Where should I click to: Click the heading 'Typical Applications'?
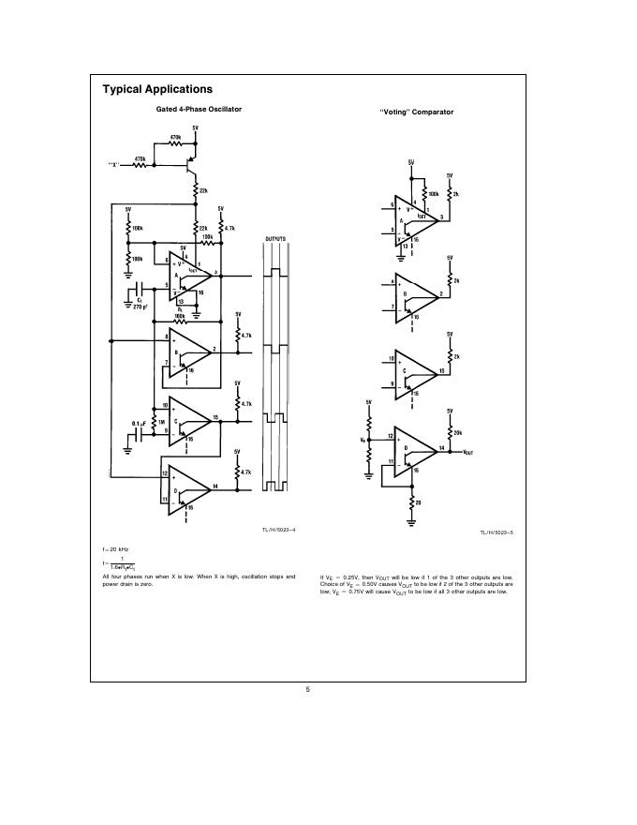point(157,90)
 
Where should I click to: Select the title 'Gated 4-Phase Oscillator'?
point(198,110)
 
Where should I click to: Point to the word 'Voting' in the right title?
point(403,112)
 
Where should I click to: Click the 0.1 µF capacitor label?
point(137,423)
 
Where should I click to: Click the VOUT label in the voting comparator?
point(468,452)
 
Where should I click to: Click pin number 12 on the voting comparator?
point(390,436)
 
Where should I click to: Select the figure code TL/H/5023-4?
point(280,531)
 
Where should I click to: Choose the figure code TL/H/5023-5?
point(497,532)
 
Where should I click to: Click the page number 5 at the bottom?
point(308,690)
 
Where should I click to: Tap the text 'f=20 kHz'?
point(115,547)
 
